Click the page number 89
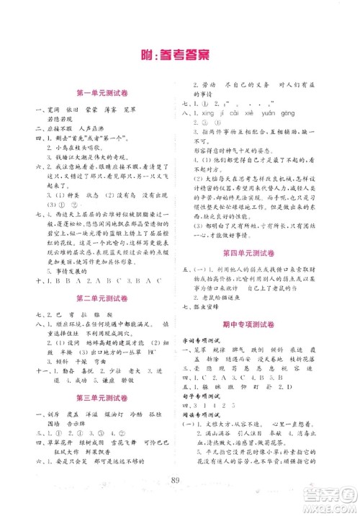pyautogui.click(x=179, y=479)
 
